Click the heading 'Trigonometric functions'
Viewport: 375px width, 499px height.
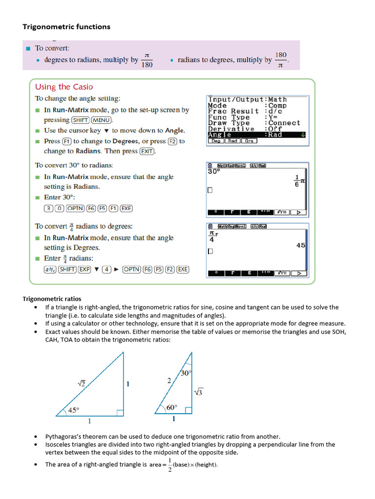[x=66, y=27]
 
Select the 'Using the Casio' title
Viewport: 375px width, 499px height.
[x=64, y=87]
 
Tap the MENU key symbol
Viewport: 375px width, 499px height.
[x=103, y=120]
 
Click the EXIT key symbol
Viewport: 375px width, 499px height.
[x=146, y=151]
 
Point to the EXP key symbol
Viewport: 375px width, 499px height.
[x=84, y=269]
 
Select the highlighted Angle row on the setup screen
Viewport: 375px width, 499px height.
[x=257, y=135]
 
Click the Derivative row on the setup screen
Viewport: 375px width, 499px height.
[x=257, y=129]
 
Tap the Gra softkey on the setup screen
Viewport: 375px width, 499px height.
[x=250, y=141]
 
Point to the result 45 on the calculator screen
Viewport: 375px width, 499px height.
[x=300, y=245]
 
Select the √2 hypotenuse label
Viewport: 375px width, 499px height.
[x=82, y=384]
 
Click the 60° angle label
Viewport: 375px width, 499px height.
[x=171, y=407]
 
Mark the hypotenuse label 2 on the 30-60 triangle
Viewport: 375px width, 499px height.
[x=169, y=381]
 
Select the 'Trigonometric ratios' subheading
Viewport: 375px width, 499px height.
[x=52, y=299]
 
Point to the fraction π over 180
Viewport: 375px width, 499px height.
[x=146, y=60]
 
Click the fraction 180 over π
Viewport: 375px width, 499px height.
[x=281, y=60]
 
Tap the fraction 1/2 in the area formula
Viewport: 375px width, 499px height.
[x=169, y=464]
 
